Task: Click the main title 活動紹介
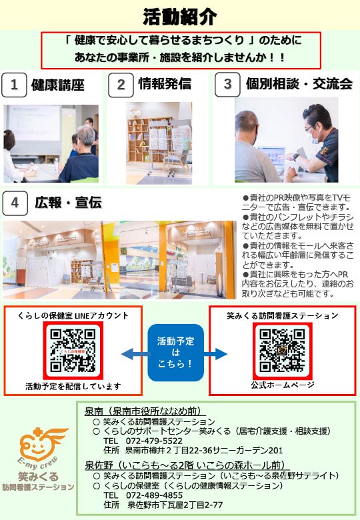click(x=180, y=16)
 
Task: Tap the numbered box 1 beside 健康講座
click(x=14, y=85)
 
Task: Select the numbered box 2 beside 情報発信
click(x=121, y=85)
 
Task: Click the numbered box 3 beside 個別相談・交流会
click(x=227, y=84)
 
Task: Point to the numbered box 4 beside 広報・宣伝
click(x=15, y=203)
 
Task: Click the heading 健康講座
click(x=58, y=85)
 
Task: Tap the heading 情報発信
click(x=165, y=83)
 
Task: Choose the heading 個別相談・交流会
click(x=299, y=84)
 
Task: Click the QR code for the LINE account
click(x=73, y=351)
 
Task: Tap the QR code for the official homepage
click(x=282, y=351)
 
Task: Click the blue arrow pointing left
click(x=135, y=354)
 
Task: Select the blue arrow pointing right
click(x=215, y=353)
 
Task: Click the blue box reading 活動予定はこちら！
click(x=176, y=353)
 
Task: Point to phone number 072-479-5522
click(x=154, y=441)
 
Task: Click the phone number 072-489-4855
click(x=154, y=495)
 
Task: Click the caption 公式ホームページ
click(x=283, y=385)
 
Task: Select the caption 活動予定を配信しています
click(x=73, y=387)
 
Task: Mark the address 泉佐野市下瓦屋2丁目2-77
click(x=175, y=505)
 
